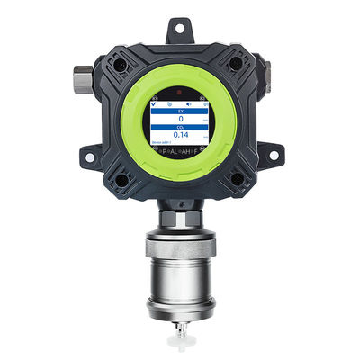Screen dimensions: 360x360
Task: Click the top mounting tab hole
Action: (181, 31)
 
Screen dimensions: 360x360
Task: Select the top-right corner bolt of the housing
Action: (236, 64)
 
